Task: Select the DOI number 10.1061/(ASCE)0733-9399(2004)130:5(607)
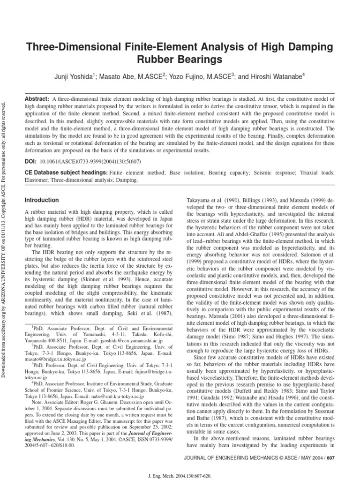[x=94, y=161]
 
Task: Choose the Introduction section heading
[x=42, y=200]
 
